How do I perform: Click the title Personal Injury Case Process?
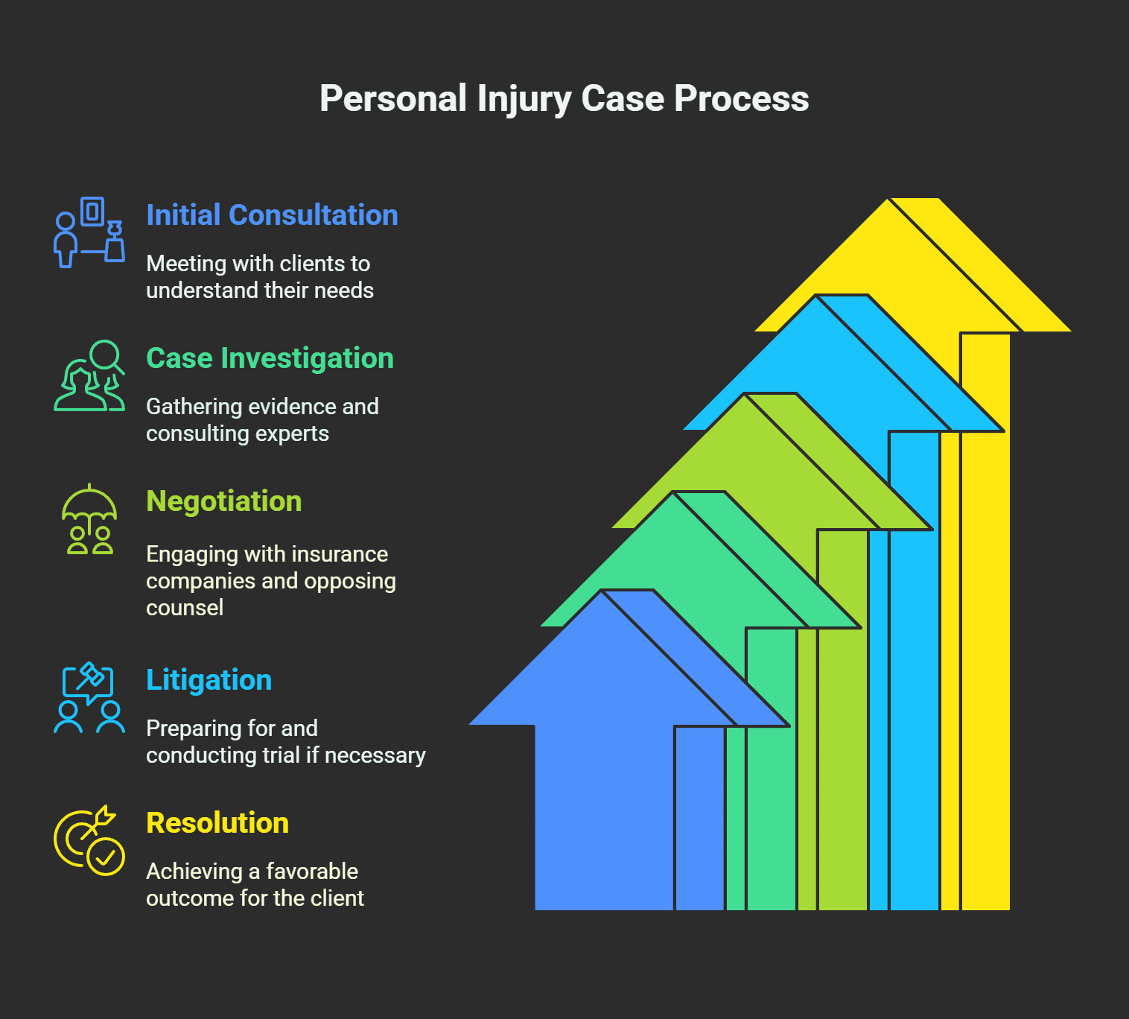click(x=564, y=99)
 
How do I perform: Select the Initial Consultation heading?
click(x=272, y=215)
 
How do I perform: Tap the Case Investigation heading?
click(x=270, y=358)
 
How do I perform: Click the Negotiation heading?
click(x=223, y=501)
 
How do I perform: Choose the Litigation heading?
click(x=209, y=680)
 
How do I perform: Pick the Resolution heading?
click(x=217, y=823)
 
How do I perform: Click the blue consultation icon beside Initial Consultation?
click(x=89, y=232)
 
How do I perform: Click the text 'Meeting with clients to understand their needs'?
click(x=259, y=277)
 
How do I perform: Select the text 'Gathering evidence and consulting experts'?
click(x=262, y=420)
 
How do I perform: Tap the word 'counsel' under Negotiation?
click(x=185, y=608)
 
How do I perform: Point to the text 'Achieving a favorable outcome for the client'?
click(x=255, y=885)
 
